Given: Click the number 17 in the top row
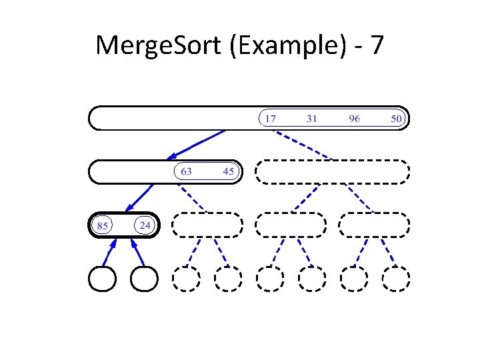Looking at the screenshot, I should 270,119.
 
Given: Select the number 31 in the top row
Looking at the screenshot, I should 311,119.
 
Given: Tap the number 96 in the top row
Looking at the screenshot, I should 354,119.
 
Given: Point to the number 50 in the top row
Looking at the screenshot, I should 397,119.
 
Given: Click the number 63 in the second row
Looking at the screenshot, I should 186,171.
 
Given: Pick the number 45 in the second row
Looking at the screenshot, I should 229,171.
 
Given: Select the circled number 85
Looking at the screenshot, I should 103,225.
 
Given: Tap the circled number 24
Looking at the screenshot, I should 145,225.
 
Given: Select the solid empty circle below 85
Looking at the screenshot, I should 103,279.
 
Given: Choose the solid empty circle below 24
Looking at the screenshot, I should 144,279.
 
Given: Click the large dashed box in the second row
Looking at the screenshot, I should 332,171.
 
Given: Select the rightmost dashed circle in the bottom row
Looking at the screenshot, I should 395,279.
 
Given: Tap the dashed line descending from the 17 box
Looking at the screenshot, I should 304,145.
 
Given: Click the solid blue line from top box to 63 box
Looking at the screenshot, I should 197,145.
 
